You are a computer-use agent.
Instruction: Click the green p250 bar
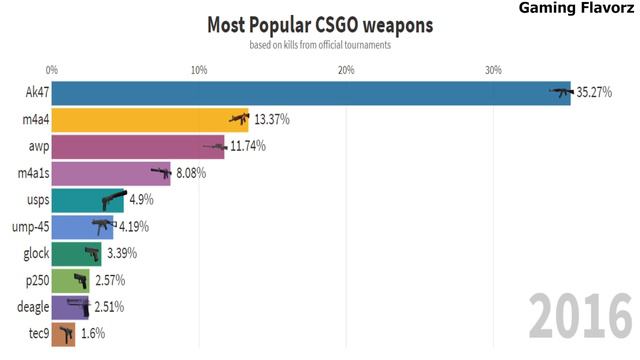point(69,280)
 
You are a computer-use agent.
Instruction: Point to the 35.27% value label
point(594,93)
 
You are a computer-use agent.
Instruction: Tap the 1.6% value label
point(92,333)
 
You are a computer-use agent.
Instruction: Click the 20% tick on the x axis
point(346,69)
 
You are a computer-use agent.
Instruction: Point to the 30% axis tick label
point(493,69)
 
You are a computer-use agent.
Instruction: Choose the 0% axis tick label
point(52,69)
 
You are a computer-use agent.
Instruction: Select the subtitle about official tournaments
point(319,45)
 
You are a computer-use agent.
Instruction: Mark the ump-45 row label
point(26,227)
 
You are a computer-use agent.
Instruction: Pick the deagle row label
point(27,307)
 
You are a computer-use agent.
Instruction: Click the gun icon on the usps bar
point(112,200)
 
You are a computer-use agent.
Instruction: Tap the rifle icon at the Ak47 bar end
point(560,93)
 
